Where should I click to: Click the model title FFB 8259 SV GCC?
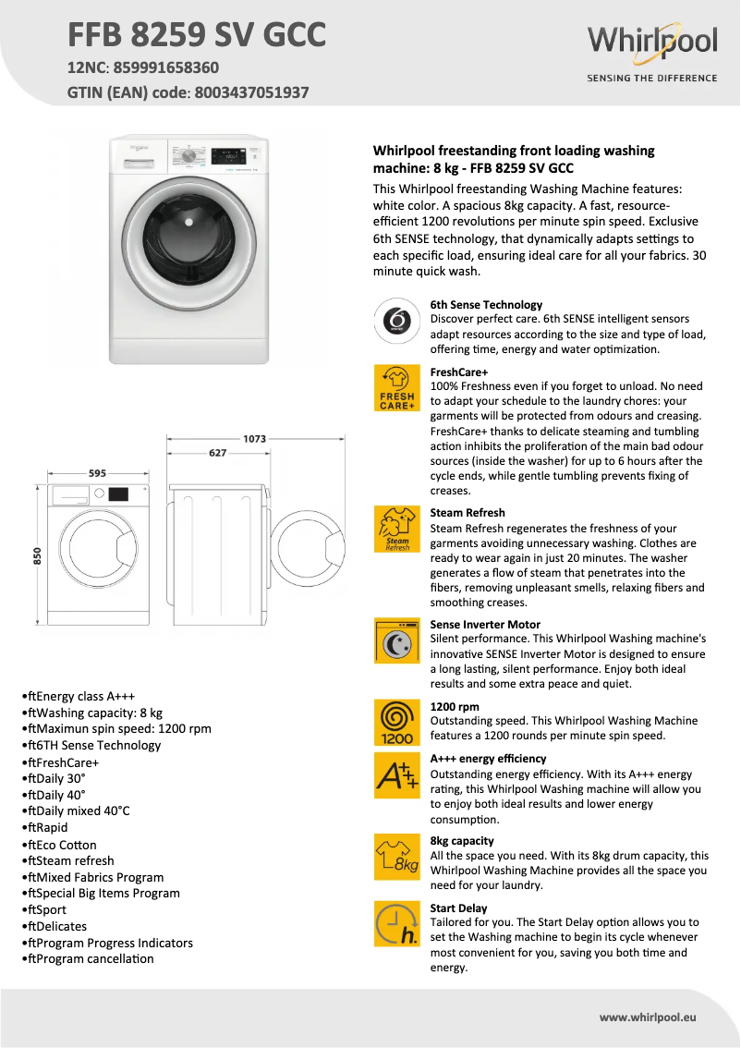tap(197, 35)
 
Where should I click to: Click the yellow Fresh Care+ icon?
tap(396, 388)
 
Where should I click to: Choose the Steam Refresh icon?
tap(396, 530)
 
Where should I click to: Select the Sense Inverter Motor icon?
tap(396, 640)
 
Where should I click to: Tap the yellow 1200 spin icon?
tap(396, 723)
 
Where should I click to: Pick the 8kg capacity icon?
tap(396, 858)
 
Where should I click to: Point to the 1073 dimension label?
tap(254, 438)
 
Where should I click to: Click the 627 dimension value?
tap(217, 453)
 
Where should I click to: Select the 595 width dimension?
tap(97, 473)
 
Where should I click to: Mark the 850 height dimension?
tap(38, 555)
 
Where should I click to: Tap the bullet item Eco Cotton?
tap(61, 845)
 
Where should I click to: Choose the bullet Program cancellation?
tap(91, 958)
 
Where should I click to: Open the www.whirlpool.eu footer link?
tap(647, 1018)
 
